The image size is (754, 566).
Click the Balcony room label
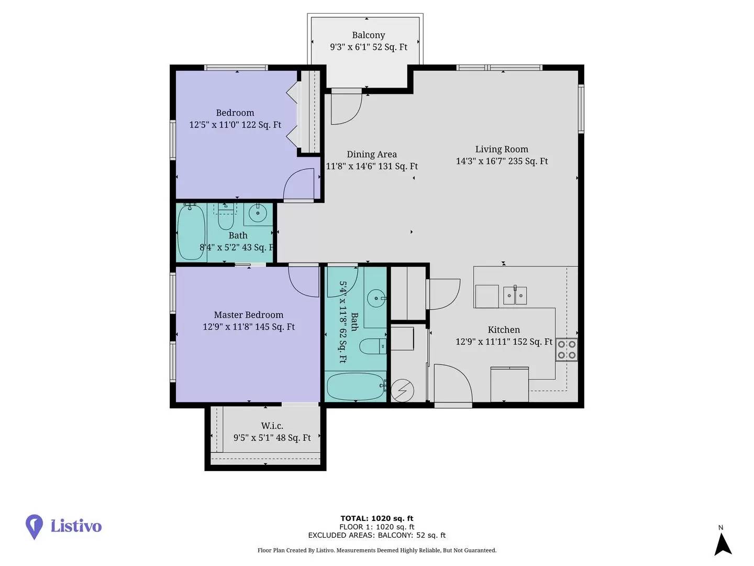coord(368,36)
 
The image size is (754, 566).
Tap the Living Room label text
coord(502,149)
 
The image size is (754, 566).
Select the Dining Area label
coord(372,155)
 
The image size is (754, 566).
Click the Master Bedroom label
coord(248,315)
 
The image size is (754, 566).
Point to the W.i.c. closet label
coord(272,426)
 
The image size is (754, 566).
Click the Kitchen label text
coord(504,330)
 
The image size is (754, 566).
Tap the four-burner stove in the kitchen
coord(567,350)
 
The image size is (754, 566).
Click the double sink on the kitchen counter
coord(515,296)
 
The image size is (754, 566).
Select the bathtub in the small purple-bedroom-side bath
coord(191,233)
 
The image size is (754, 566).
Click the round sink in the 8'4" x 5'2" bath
coord(258,213)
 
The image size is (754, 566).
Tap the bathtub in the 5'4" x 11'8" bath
coord(355,387)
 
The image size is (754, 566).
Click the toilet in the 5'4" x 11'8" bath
coord(373,346)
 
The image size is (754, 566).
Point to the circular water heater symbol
coord(402,390)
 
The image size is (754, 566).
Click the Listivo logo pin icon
coord(34,527)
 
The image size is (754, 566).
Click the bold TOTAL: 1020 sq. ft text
coord(377,518)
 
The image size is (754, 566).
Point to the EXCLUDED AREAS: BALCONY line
coord(377,535)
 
